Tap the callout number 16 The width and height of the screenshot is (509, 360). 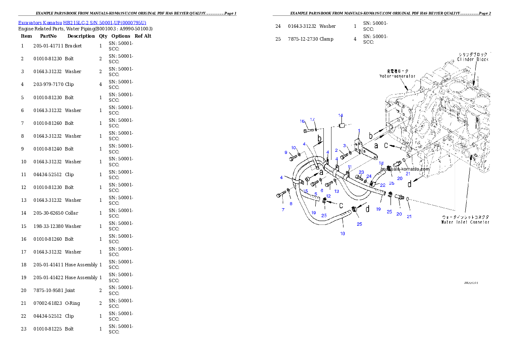click(x=302, y=121)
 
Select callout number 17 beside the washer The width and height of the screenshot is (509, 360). click(x=312, y=120)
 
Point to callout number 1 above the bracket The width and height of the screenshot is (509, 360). click(x=359, y=131)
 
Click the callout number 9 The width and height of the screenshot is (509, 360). click(x=286, y=153)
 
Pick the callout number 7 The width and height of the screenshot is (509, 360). click(x=283, y=210)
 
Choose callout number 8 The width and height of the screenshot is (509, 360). click(x=291, y=204)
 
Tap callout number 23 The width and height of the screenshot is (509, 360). click(x=361, y=172)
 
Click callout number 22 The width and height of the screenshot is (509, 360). click(x=383, y=185)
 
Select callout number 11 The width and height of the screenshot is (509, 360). click(x=349, y=167)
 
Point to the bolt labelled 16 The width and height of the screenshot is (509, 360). click(x=308, y=130)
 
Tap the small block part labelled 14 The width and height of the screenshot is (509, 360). click(x=341, y=125)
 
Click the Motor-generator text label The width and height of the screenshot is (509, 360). click(x=397, y=76)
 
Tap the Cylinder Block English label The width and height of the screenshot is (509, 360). click(x=473, y=59)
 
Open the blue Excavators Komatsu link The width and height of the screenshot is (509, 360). click(x=82, y=23)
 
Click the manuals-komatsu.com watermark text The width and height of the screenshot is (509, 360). click(x=405, y=169)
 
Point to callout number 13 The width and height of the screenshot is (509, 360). click(x=337, y=192)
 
